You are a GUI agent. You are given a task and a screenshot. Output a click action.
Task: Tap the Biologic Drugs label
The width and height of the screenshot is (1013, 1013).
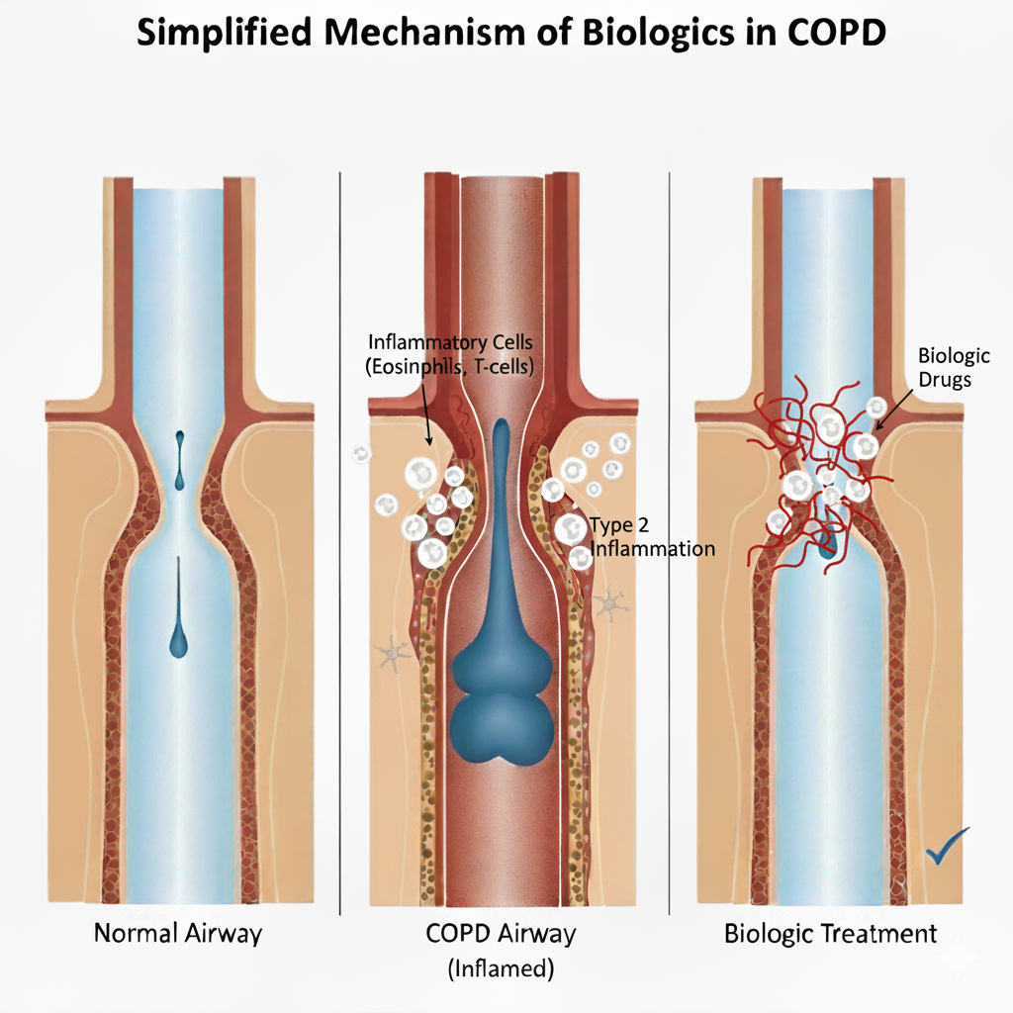(x=954, y=367)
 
